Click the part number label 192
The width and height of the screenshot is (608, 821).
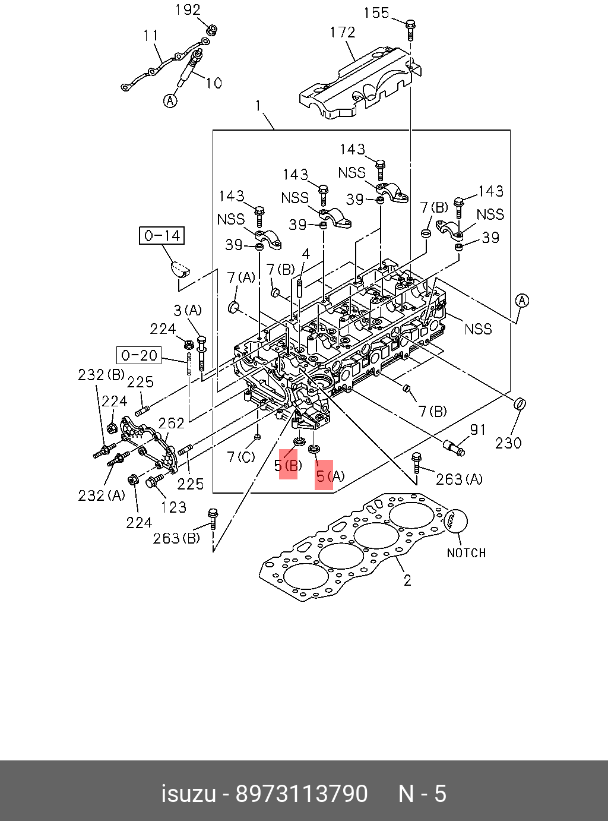188,10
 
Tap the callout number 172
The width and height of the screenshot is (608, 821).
343,32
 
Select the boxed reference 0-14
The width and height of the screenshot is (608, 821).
162,236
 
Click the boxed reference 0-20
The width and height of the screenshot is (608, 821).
139,356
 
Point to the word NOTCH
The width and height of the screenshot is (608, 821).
466,553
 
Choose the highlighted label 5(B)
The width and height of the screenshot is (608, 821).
288,466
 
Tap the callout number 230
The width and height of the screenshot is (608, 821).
508,443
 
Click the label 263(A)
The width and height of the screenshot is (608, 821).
459,479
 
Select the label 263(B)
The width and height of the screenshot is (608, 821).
176,538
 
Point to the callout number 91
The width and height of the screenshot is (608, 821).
478,430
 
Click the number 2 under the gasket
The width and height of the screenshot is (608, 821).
407,580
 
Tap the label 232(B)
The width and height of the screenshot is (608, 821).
101,375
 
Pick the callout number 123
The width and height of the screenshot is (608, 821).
173,507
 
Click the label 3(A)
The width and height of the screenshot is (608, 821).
188,310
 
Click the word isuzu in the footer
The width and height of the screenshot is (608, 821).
188,794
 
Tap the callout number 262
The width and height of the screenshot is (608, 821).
171,423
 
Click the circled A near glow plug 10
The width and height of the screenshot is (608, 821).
170,101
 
